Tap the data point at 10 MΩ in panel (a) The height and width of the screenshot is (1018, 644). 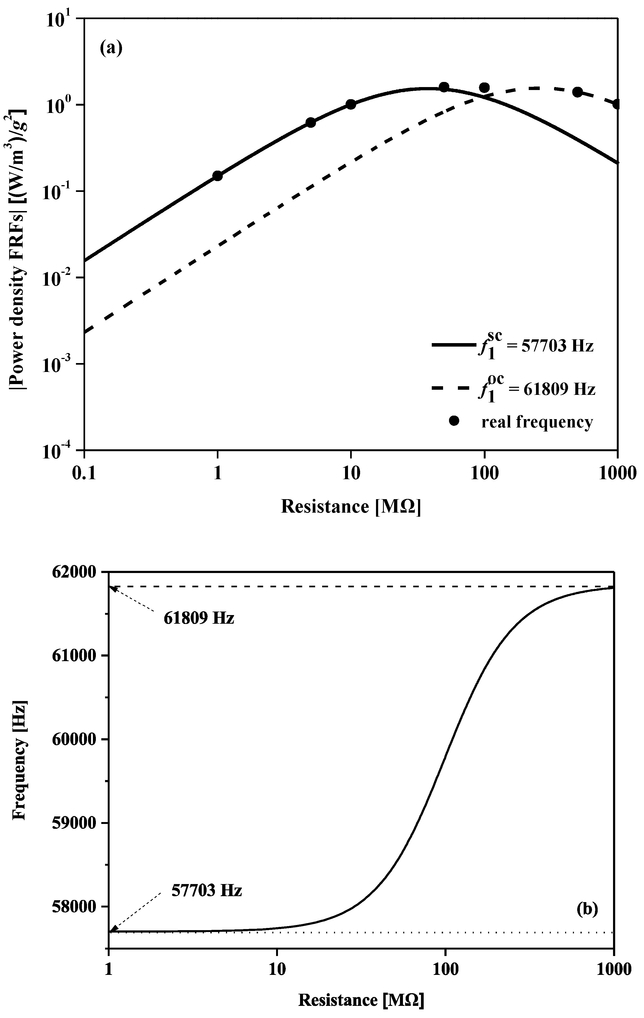[351, 104]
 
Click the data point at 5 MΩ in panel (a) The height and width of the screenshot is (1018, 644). [311, 123]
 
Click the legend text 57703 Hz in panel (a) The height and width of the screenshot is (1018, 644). [557, 346]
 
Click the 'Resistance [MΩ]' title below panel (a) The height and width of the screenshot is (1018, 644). [351, 506]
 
